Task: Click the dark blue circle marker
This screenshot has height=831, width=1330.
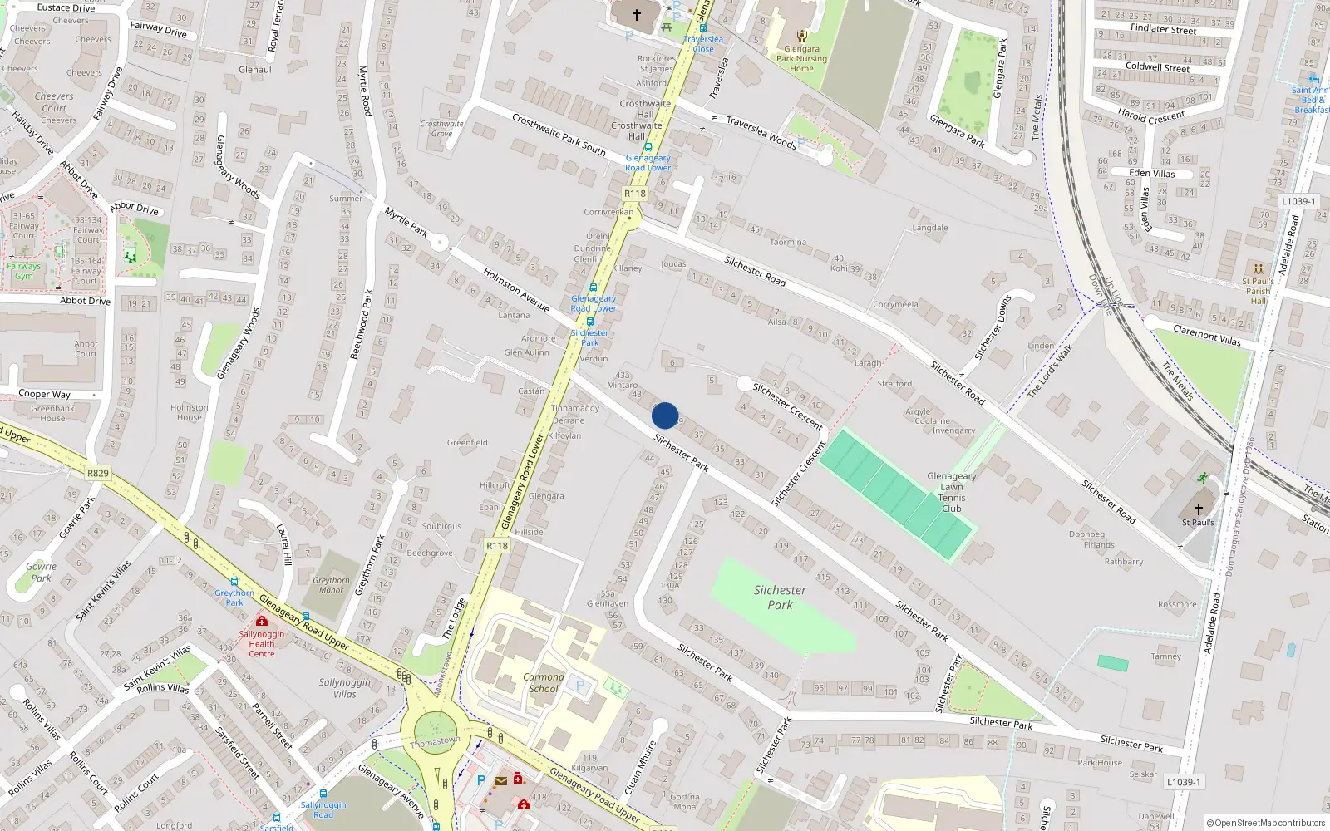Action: tap(665, 415)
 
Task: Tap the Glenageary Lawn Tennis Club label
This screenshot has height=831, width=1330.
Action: tap(952, 492)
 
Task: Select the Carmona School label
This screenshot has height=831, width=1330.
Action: tap(544, 682)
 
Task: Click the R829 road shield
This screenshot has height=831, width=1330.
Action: tap(97, 473)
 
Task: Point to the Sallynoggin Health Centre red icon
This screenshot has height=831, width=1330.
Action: tap(262, 621)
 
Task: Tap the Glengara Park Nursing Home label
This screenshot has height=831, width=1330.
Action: tap(801, 58)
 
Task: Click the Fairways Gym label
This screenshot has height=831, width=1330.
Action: tap(23, 271)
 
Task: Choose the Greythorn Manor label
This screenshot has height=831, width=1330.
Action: tap(331, 585)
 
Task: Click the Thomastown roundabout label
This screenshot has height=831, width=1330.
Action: tap(435, 741)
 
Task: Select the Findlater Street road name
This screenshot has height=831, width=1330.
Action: tap(1163, 29)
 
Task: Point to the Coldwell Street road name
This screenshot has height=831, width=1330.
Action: tap(1157, 67)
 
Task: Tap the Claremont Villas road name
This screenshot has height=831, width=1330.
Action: tap(1206, 335)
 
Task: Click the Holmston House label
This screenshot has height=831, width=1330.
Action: tap(189, 412)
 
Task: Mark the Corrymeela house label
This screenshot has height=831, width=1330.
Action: tap(895, 304)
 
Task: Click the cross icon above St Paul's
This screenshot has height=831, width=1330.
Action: tap(1198, 509)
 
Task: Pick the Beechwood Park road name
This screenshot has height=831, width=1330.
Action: tap(362, 324)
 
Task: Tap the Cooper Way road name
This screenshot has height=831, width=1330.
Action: tap(44, 394)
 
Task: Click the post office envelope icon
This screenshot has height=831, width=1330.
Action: tap(501, 781)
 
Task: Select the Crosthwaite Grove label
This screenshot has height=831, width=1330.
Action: tap(441, 128)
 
